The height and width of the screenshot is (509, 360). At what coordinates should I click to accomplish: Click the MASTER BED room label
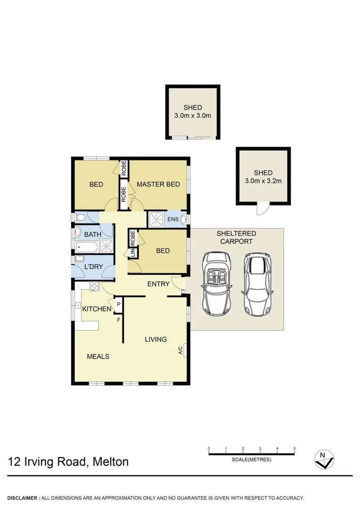(x=158, y=184)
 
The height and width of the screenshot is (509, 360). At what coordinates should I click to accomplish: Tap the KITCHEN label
(x=97, y=309)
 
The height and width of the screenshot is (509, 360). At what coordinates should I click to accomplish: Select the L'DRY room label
(x=93, y=267)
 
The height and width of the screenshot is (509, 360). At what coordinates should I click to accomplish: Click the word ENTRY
(x=158, y=284)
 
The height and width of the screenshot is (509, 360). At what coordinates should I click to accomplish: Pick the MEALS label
(x=98, y=356)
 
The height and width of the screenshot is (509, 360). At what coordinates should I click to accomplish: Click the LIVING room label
(x=155, y=339)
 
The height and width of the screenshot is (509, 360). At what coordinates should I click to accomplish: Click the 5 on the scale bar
(x=295, y=449)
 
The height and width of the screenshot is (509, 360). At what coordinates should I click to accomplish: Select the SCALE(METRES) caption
(x=252, y=460)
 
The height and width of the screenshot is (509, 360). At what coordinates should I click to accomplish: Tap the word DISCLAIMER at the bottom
(x=23, y=498)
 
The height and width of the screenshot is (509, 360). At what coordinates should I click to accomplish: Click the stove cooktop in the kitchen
(x=94, y=285)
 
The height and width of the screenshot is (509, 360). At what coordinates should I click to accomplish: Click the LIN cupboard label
(x=132, y=254)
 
